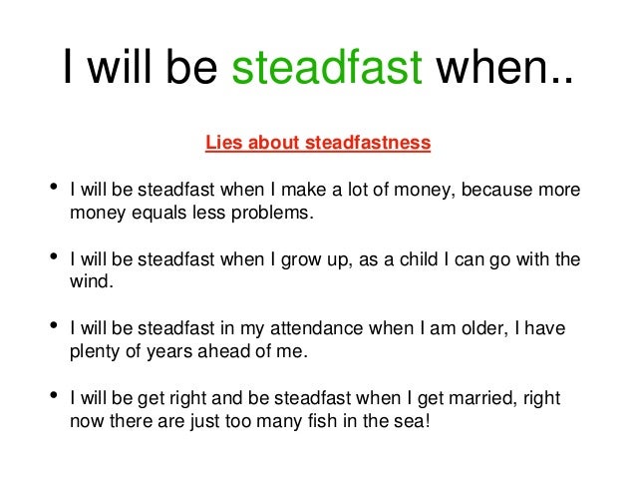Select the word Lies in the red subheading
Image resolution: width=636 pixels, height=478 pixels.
pyautogui.click(x=223, y=143)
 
